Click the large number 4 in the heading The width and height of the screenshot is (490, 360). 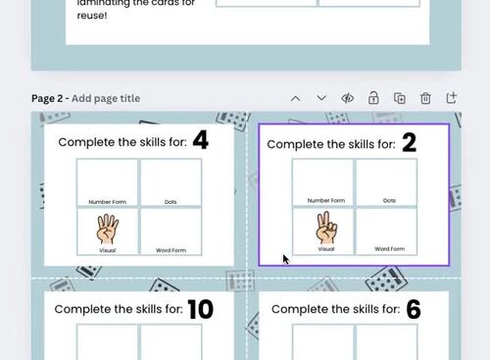pos(200,140)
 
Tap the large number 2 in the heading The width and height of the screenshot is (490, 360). pos(409,142)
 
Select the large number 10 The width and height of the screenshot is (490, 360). pos(200,310)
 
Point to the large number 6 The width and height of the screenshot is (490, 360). pos(413,310)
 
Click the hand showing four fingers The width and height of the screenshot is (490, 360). pos(108,231)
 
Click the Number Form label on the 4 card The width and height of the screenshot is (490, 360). pos(108,199)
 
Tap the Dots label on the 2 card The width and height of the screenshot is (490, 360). pos(389,200)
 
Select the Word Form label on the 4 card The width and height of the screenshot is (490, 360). pos(171,250)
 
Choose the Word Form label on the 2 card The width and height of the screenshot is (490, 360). pos(389,249)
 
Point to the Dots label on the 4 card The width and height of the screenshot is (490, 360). pos(171,199)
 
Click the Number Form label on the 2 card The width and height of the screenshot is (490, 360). pos(324,200)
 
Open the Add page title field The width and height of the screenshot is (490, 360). pos(106,98)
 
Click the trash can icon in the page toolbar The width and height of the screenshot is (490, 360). pos(425,98)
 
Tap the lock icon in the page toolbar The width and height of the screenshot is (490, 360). pos(373,98)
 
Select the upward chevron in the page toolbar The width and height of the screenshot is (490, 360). pos(296,98)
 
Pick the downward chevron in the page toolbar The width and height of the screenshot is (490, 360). pos(321,98)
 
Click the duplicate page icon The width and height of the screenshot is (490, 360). pos(400,98)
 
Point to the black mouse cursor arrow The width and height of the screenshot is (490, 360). pos(285,259)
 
